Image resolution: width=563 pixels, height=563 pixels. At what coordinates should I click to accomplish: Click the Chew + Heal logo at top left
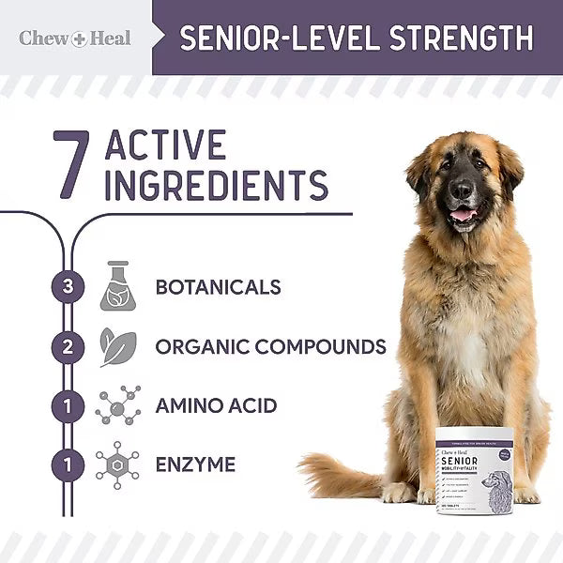(75, 38)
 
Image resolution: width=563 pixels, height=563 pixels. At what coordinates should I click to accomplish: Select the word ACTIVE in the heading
(166, 146)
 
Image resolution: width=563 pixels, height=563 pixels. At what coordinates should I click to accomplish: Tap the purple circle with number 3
(67, 287)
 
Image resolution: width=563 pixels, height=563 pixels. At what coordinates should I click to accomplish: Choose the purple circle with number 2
(67, 346)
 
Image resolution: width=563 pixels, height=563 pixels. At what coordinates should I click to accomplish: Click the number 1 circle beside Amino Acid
(67, 405)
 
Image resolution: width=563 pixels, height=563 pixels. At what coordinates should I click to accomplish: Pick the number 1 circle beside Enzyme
(67, 464)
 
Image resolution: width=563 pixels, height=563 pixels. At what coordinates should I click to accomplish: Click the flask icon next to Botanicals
(117, 286)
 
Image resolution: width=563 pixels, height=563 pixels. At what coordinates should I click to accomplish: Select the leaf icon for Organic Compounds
(117, 346)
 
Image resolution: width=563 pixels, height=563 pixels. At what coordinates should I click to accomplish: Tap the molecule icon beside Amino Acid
(117, 405)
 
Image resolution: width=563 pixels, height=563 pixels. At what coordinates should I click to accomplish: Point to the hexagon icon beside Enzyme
(117, 464)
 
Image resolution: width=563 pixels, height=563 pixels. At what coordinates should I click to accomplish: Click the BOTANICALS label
(219, 287)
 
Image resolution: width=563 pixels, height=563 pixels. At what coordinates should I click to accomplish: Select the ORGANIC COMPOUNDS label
(270, 346)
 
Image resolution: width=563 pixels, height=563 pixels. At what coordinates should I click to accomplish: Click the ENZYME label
(196, 464)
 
